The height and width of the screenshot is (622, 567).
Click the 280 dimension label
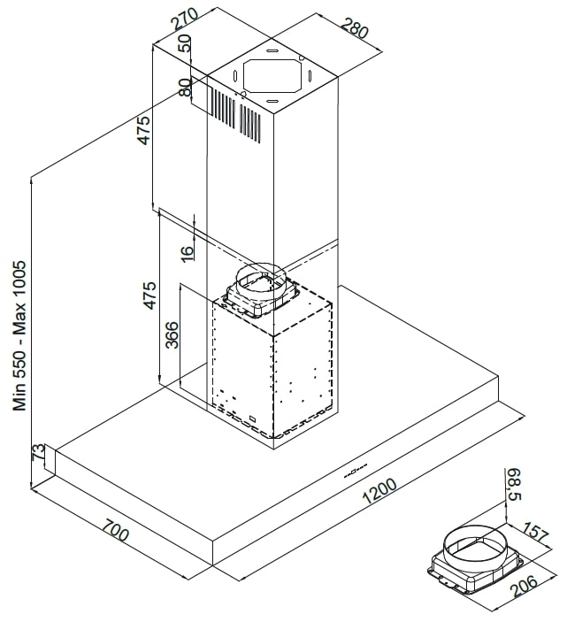(352, 30)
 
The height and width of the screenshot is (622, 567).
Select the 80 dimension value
(185, 87)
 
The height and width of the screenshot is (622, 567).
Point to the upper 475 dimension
(143, 131)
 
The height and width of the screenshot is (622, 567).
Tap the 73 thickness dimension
(37, 453)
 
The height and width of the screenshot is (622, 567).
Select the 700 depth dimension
(114, 534)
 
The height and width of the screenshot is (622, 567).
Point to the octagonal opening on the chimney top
(270, 79)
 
